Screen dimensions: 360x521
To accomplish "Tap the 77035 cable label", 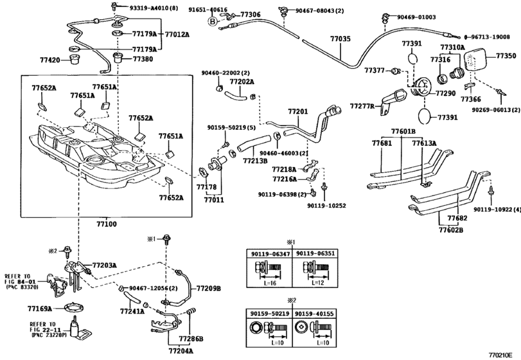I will [340, 39].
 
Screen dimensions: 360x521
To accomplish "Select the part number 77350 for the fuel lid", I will [505, 57].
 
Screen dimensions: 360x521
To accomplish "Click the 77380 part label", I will [143, 59].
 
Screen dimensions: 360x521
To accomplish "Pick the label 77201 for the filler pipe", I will [298, 111].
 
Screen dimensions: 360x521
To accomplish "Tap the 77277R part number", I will [362, 105].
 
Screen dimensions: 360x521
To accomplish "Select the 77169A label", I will [40, 309].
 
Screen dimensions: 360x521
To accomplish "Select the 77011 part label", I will [214, 200].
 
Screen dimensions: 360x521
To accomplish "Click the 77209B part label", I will [209, 289].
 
